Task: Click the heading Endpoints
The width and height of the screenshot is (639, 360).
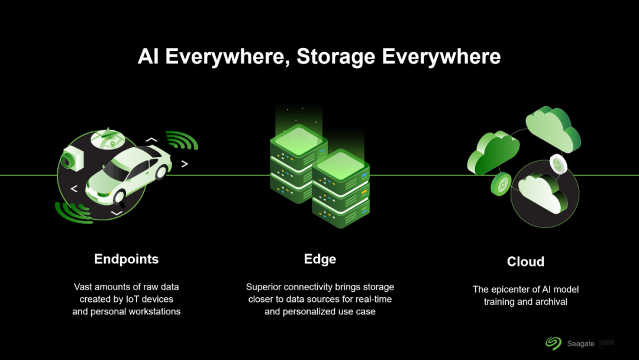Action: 127,259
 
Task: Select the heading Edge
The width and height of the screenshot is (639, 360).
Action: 319,259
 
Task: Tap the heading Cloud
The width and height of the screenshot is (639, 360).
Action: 525,262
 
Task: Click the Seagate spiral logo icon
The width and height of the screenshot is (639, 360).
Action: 553,343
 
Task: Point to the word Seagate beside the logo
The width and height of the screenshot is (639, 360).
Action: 580,343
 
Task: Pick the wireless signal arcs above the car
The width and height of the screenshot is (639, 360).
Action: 180,140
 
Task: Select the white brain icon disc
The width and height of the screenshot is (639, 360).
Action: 558,163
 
